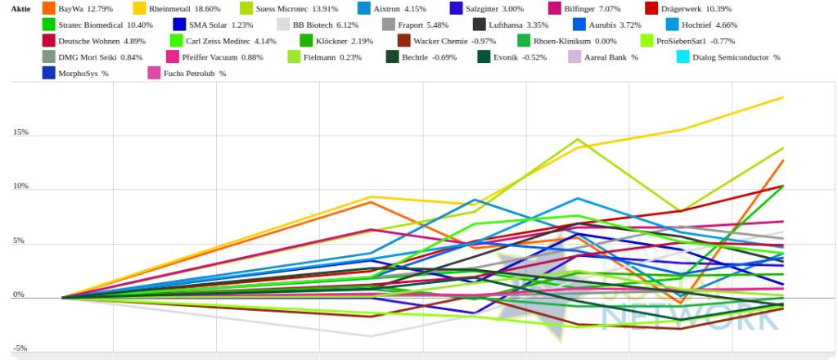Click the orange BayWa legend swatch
[48, 8]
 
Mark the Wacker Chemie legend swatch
[403, 40]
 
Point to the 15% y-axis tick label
[20, 133]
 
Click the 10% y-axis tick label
[20, 187]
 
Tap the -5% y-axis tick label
[20, 348]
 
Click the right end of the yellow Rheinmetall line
[783, 97]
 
